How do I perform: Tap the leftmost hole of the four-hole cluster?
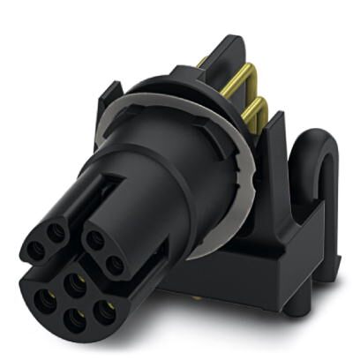click(x=43, y=298)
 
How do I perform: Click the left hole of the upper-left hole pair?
click(x=36, y=251)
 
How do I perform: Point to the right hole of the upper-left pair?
click(x=56, y=235)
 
